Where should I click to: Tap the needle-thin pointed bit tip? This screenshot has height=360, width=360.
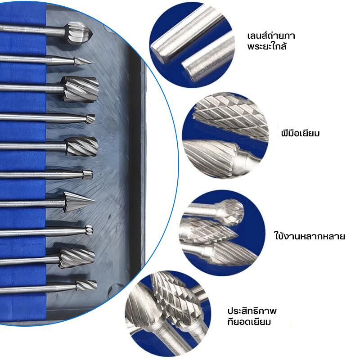coord(83,61)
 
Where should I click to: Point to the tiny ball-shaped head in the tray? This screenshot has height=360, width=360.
coord(89,230)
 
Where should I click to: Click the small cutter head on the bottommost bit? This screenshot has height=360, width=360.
coord(86,285)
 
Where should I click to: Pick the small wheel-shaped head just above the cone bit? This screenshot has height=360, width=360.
coord(87,175)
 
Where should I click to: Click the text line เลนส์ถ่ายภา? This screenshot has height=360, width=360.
coord(271,36)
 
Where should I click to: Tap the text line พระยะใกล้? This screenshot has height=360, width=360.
coord(267,46)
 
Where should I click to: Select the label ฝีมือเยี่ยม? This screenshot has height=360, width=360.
coord(300,133)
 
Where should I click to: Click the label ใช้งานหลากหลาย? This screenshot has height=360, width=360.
coord(310,236)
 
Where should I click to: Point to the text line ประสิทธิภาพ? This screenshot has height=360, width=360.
coord(252,311)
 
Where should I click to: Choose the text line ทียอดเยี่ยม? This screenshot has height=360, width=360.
coord(249,322)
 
